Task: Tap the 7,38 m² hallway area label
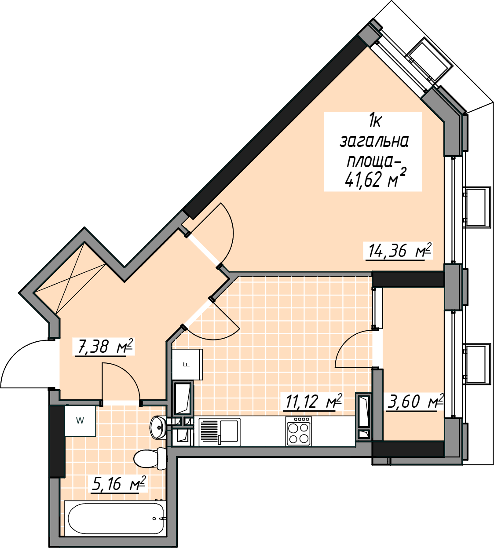click(105, 347)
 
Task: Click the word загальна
click(374, 142)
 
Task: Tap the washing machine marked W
click(80, 421)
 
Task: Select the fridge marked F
click(187, 365)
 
